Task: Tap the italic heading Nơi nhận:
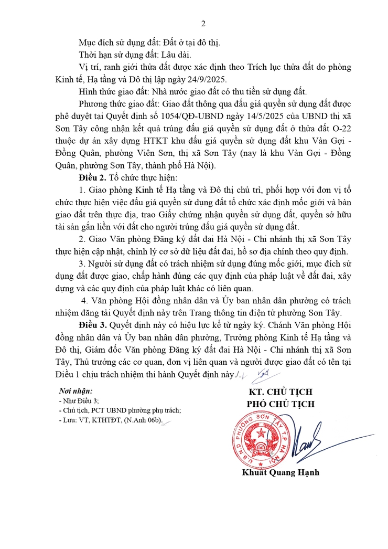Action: coord(76,391)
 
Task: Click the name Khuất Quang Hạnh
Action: coord(281,472)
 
